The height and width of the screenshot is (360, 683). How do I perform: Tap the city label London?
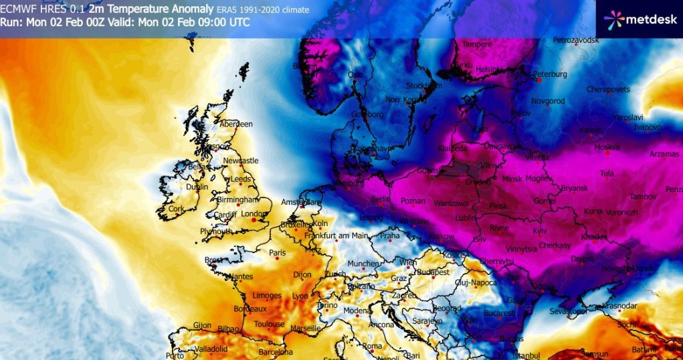click(254, 214)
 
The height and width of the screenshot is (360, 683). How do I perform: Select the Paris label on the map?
click(277, 253)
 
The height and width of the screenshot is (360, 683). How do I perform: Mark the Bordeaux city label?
click(250, 309)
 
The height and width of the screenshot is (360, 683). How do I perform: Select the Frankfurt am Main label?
click(336, 236)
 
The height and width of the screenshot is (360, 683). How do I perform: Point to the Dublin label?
click(197, 187)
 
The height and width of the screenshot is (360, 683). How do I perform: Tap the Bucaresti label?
click(500, 313)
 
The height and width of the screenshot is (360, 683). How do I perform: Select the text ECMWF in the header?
click(19, 9)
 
